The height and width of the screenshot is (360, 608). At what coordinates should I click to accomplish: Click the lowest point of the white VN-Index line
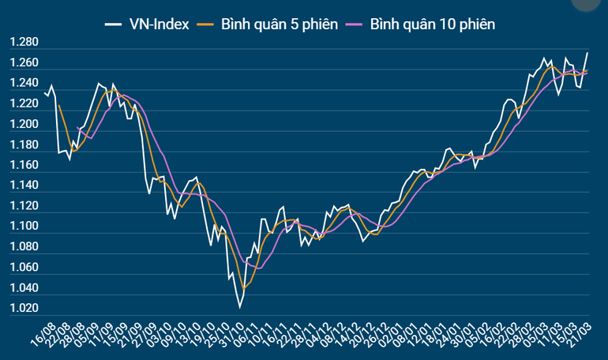point(238,307)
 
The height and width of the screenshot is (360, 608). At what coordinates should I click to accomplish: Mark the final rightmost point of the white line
point(587,53)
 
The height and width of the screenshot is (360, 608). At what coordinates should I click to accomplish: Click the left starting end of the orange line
point(58,104)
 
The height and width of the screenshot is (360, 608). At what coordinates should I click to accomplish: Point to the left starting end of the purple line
point(77,127)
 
